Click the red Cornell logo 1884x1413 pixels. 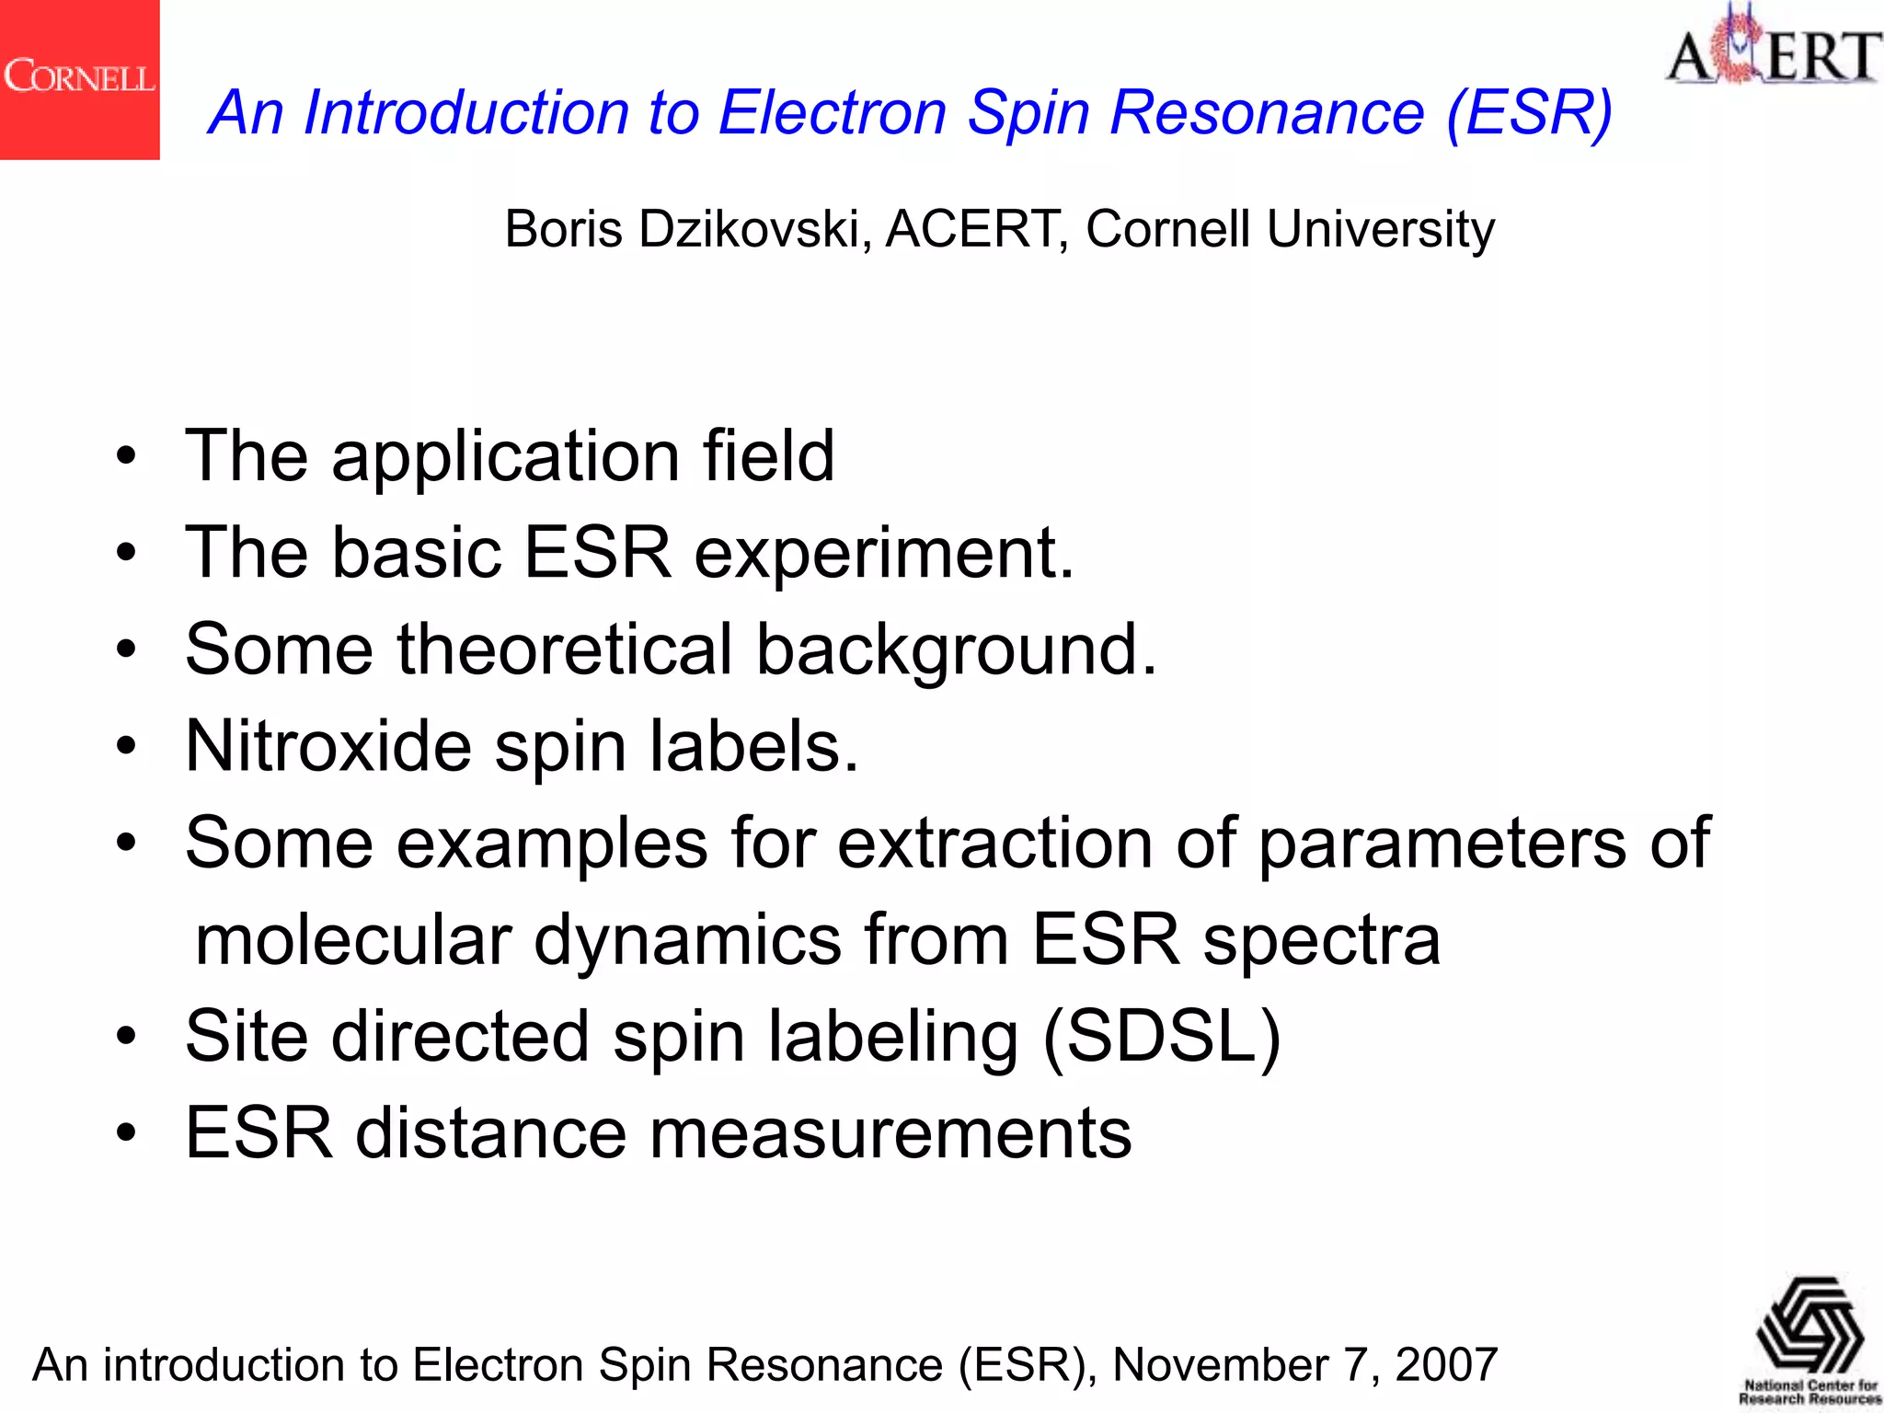point(79,79)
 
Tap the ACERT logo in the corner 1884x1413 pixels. point(1772,48)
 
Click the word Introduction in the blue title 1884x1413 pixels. point(465,113)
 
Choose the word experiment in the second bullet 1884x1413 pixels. point(882,554)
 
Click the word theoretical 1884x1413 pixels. point(565,649)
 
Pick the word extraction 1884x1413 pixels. point(994,843)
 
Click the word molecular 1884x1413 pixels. point(353,940)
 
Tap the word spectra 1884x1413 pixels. point(1321,940)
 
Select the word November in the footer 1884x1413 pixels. point(1219,1364)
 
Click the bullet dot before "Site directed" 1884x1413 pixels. point(126,1038)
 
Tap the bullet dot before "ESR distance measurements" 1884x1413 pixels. point(126,1134)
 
